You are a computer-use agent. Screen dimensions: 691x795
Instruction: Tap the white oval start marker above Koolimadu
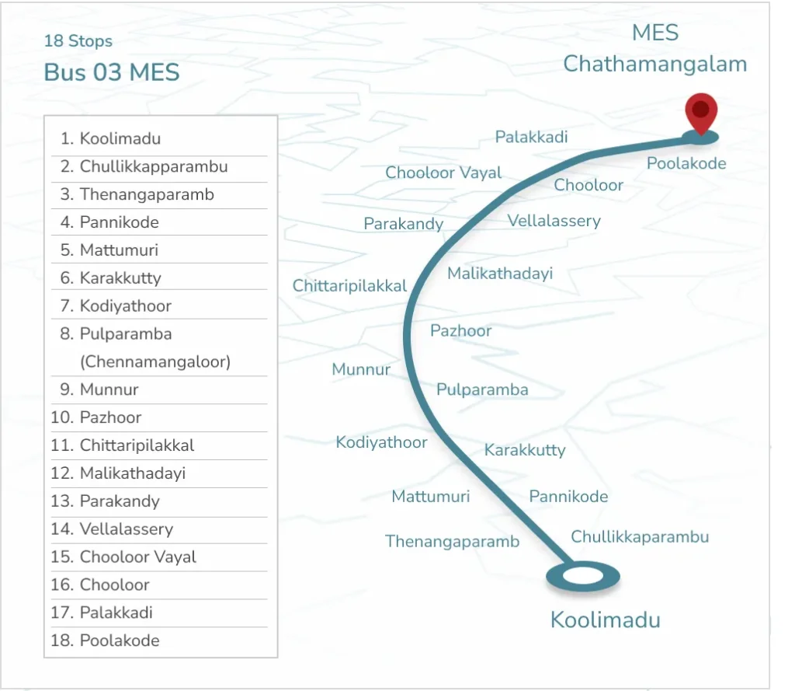tap(582, 577)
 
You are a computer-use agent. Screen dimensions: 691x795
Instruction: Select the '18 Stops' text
tap(78, 41)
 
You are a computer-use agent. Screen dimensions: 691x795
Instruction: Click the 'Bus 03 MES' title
tap(112, 73)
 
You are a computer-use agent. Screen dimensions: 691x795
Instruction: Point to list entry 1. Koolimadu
tap(111, 139)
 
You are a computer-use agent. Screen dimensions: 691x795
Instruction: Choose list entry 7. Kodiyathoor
tap(116, 306)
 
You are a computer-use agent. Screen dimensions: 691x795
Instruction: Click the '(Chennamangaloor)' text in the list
tap(155, 362)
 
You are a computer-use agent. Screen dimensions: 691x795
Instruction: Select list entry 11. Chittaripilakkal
tap(123, 445)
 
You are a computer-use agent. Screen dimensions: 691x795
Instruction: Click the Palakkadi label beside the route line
tap(532, 138)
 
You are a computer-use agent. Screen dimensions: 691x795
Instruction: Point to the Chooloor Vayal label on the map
tap(444, 173)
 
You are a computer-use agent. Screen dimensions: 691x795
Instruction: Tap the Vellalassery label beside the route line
tap(554, 221)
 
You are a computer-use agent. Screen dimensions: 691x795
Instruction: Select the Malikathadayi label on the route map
tap(500, 274)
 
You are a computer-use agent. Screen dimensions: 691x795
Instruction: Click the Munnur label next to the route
tap(361, 369)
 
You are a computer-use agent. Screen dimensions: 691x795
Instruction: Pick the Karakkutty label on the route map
tap(525, 450)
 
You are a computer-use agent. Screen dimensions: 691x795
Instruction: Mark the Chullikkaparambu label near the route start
tap(640, 536)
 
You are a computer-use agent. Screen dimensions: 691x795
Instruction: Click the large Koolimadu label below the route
tap(606, 620)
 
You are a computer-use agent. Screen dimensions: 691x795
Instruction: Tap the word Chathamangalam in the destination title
tap(655, 64)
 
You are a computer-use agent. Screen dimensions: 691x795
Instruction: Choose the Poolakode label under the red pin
tap(686, 163)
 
